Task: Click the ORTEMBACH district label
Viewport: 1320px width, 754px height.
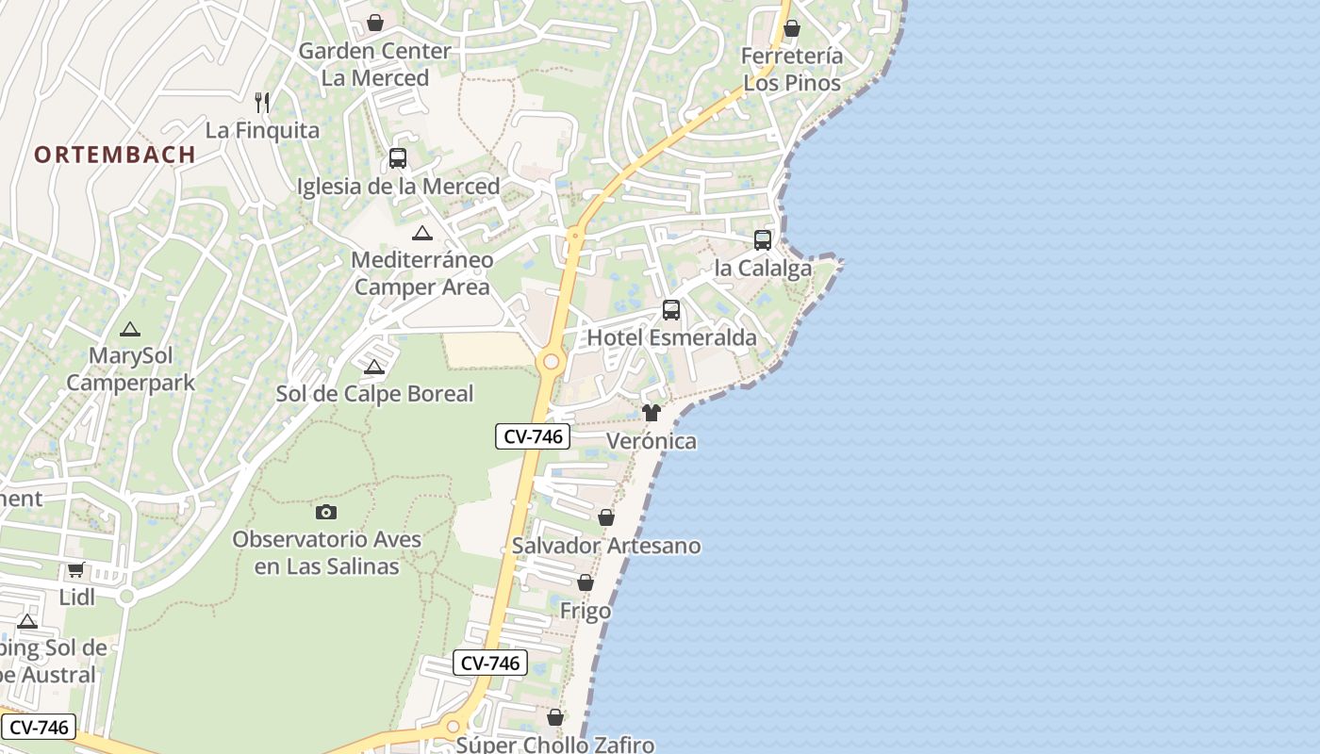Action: [x=115, y=155]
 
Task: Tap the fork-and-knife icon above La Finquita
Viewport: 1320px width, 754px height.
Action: [x=262, y=102]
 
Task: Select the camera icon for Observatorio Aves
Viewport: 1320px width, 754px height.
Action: [x=326, y=512]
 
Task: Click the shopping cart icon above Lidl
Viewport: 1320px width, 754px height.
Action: [x=76, y=569]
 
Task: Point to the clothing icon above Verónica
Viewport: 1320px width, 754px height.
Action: [x=652, y=413]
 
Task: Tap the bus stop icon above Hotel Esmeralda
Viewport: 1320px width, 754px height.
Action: [x=671, y=309]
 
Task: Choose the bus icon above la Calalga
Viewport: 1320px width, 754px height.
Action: [x=763, y=240]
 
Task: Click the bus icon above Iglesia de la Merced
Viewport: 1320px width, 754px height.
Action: [x=398, y=158]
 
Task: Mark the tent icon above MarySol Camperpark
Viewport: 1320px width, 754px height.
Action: [x=129, y=329]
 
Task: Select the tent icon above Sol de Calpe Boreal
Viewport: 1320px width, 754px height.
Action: [x=374, y=367]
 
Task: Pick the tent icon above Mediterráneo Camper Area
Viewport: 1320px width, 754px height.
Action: [x=421, y=233]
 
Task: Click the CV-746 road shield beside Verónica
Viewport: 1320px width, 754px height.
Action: [x=533, y=436]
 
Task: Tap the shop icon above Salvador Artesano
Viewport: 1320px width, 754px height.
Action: [x=606, y=517]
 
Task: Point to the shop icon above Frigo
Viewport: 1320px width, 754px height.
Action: [x=586, y=582]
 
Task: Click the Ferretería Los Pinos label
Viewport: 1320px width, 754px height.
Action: [x=792, y=69]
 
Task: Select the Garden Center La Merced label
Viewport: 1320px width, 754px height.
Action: [x=375, y=64]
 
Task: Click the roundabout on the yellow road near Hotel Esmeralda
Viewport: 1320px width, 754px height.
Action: [x=551, y=362]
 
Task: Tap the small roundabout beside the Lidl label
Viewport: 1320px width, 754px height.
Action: [x=126, y=596]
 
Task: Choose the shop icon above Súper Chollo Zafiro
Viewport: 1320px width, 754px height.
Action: [x=555, y=717]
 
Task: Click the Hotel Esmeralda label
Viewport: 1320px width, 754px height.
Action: [x=671, y=337]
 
